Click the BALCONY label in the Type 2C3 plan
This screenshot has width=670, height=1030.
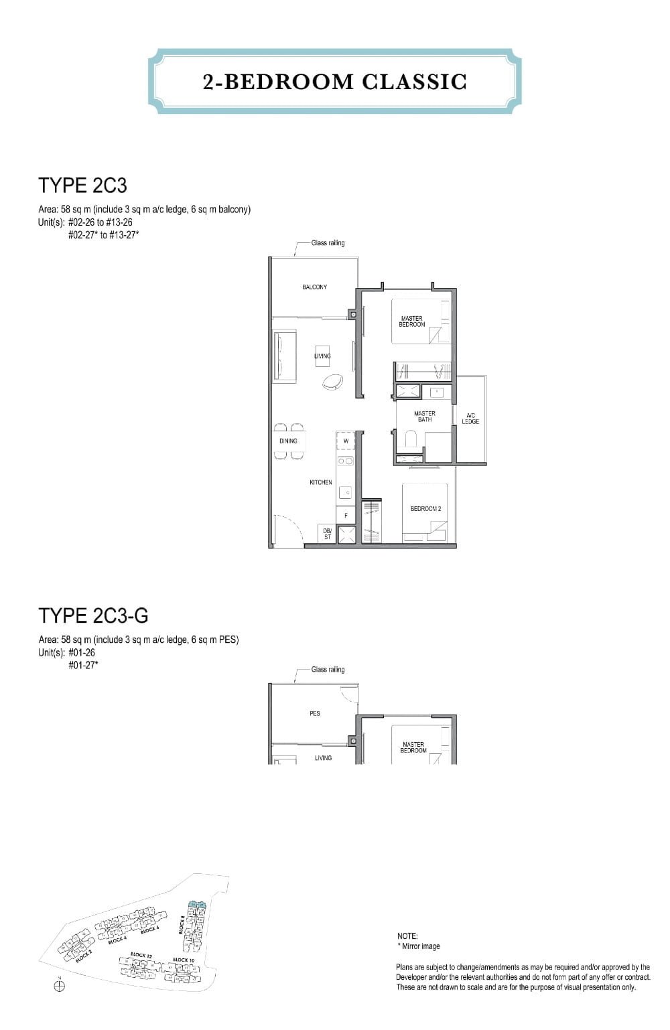(314, 287)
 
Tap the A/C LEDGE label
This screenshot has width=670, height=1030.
(470, 419)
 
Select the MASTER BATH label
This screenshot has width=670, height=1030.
(425, 417)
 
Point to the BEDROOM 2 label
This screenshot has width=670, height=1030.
(425, 509)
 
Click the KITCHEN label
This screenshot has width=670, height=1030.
(320, 482)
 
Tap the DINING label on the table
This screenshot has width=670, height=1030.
(288, 441)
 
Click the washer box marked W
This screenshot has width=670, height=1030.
(346, 441)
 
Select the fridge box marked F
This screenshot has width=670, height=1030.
(346, 516)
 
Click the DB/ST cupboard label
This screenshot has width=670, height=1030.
(327, 534)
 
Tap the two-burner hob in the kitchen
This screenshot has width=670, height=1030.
(346, 461)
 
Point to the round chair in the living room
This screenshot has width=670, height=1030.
(333, 382)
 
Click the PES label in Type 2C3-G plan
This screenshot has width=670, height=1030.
(315, 714)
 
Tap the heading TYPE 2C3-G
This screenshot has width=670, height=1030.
(93, 615)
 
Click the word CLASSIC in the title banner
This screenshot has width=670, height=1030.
(414, 82)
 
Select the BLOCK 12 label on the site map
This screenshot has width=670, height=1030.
(139, 954)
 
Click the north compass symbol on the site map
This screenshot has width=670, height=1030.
(59, 986)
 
